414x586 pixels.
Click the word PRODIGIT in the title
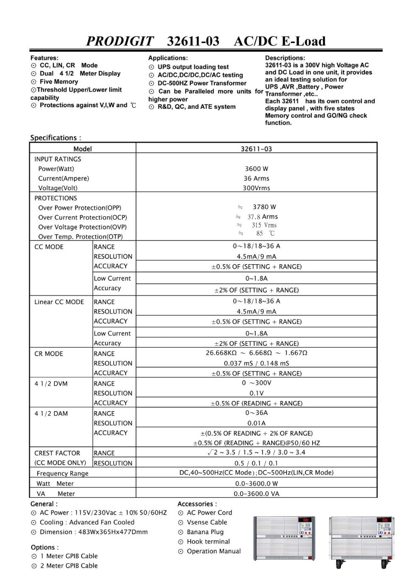point(120,41)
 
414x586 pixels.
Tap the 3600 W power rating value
point(256,169)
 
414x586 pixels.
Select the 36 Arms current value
point(256,178)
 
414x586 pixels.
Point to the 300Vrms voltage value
point(256,188)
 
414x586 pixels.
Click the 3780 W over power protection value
point(264,207)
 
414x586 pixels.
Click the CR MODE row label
point(49,354)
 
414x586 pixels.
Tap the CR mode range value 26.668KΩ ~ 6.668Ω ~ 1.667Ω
point(256,353)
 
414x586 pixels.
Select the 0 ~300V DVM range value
point(256,383)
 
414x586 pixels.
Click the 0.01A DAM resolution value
point(256,423)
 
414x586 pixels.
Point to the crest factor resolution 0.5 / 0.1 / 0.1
point(256,463)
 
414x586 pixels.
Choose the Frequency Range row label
point(63,473)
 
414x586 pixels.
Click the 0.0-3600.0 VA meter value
point(256,494)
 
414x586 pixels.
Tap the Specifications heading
point(55,138)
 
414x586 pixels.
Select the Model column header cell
point(82,149)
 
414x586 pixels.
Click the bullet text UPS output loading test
point(193,67)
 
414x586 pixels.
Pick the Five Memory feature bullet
point(59,82)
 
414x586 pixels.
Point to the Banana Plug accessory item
point(205,532)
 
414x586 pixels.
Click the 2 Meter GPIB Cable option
point(69,566)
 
